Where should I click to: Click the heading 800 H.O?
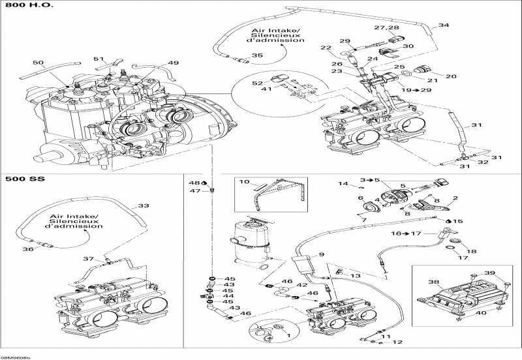pyautogui.click(x=21, y=5)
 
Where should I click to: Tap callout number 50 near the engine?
pyautogui.click(x=38, y=63)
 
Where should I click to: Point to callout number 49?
pyautogui.click(x=173, y=63)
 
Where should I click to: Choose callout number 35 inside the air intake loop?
pyautogui.click(x=257, y=55)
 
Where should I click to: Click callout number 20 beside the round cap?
pyautogui.click(x=451, y=76)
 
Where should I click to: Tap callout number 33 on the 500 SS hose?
pyautogui.click(x=143, y=205)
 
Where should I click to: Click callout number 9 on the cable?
pyautogui.click(x=321, y=254)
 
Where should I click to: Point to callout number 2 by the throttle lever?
pyautogui.click(x=455, y=198)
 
